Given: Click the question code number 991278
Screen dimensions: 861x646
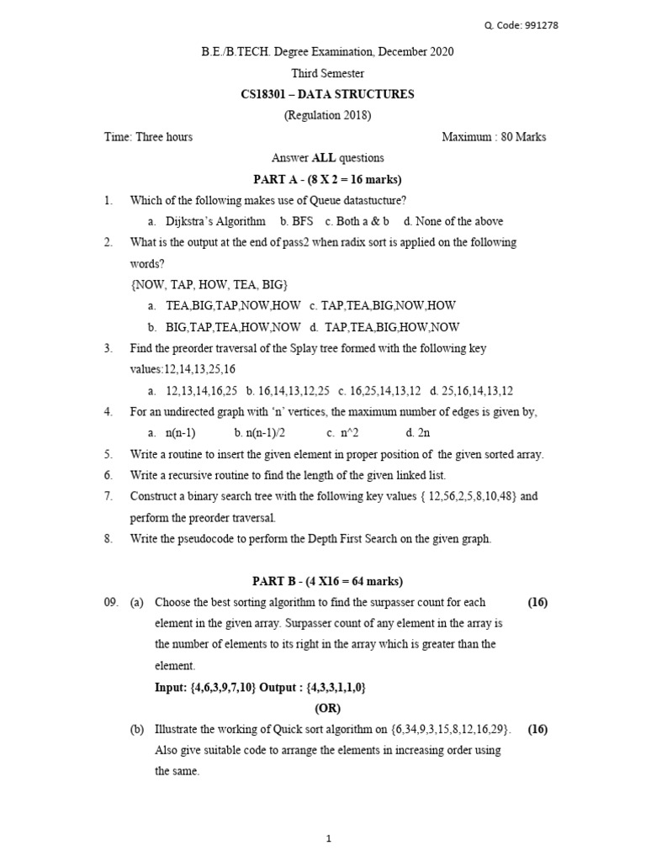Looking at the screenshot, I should tap(540, 25).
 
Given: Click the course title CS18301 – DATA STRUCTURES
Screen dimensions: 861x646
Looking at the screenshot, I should tap(327, 94).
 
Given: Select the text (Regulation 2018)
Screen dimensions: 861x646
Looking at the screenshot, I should tap(327, 115).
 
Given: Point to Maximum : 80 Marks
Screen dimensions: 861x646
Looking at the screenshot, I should tap(494, 137).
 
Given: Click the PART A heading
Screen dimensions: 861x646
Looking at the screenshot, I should tap(327, 179).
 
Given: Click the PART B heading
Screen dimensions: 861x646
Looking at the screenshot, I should tap(327, 581).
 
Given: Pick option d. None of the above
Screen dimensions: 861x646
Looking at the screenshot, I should tap(453, 221).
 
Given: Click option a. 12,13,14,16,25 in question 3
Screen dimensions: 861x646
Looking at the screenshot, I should tap(193, 391).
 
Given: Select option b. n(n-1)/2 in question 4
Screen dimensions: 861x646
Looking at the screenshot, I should tap(252, 433).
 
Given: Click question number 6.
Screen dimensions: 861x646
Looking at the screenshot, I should tap(109, 475).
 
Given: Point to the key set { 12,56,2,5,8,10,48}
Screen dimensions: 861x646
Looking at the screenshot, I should tap(468, 497).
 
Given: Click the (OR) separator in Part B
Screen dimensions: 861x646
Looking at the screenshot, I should tap(327, 708).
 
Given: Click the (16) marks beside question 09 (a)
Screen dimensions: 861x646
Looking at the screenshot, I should tap(537, 603).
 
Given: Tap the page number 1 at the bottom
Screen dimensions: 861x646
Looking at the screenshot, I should tap(327, 837).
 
